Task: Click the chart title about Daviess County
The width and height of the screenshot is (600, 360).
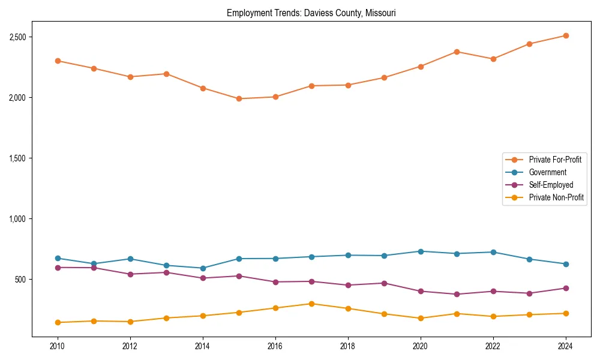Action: [x=311, y=13]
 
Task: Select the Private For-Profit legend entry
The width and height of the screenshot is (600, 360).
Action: [x=555, y=160]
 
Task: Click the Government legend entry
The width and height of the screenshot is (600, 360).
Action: [x=547, y=172]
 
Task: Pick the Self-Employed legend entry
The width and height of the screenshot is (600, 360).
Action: [x=551, y=185]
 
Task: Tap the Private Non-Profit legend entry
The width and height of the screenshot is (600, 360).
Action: [x=556, y=197]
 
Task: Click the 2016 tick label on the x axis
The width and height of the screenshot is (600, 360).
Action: [x=275, y=346]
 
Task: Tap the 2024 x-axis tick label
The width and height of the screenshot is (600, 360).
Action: [x=565, y=346]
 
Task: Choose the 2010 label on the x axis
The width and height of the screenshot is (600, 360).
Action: [x=58, y=346]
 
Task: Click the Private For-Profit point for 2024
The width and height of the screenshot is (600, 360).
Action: [x=565, y=35]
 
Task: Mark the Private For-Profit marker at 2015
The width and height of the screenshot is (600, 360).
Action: [x=239, y=98]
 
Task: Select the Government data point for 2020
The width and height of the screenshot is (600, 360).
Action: [x=420, y=251]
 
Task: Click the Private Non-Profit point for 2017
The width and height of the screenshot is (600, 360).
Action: [x=311, y=304]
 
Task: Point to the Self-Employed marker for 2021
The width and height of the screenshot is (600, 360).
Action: [x=457, y=294]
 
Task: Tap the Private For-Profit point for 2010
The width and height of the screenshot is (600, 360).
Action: [x=58, y=61]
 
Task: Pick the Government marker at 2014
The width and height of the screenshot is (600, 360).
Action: [x=203, y=268]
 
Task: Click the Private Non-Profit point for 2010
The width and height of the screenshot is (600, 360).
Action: [x=58, y=322]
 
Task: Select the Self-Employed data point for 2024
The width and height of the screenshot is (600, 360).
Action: [x=565, y=288]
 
